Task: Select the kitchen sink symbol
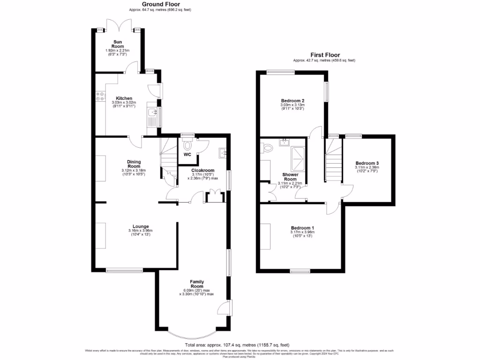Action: pos(151,112)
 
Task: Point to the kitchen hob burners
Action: pos(100,97)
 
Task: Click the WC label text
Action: pos(187,154)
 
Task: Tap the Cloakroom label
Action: pos(203,171)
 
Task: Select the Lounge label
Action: pos(141,226)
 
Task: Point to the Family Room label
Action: pos(196,284)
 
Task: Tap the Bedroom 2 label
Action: pos(293,101)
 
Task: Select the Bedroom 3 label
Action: pos(367,163)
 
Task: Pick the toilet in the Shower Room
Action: pos(268,148)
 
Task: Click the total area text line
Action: pos(240,344)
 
